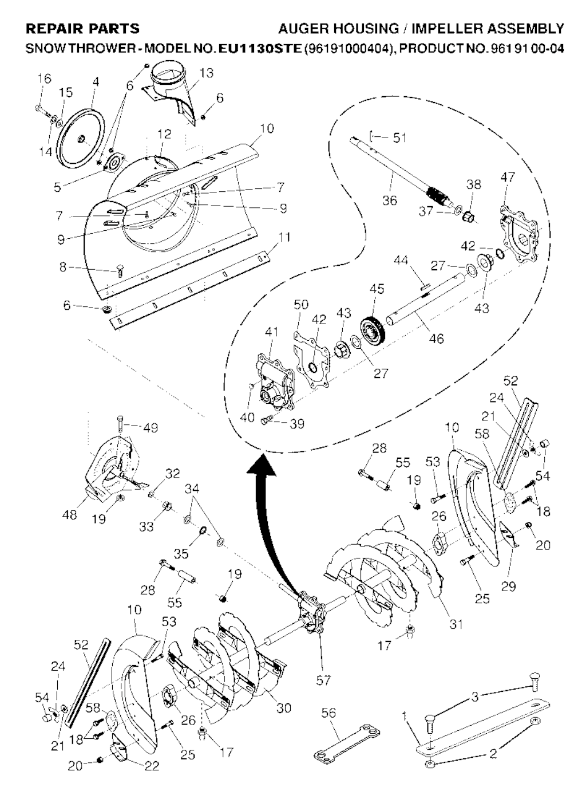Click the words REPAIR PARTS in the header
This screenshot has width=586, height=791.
pyautogui.click(x=83, y=28)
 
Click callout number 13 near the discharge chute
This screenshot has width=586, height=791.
pyautogui.click(x=207, y=73)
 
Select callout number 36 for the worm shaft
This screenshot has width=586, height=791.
pyautogui.click(x=390, y=200)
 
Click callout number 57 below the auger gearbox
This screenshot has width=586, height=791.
pyautogui.click(x=323, y=680)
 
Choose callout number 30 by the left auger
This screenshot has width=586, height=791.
pyautogui.click(x=284, y=707)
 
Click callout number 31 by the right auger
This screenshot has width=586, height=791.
pyautogui.click(x=456, y=624)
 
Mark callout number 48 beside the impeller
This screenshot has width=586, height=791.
pyautogui.click(x=69, y=515)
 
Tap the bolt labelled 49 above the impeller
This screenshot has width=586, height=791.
pyautogui.click(x=120, y=424)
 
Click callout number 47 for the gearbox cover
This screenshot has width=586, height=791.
pyautogui.click(x=507, y=178)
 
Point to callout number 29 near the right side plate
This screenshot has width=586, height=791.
pyautogui.click(x=508, y=585)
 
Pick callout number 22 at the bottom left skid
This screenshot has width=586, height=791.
pyautogui.click(x=151, y=766)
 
